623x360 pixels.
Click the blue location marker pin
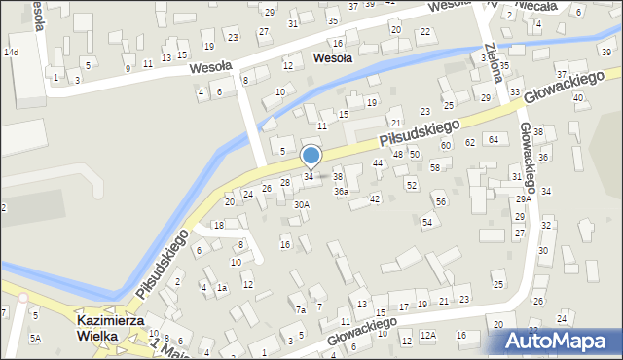coord(311,157)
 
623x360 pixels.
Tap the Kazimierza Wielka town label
coord(110,328)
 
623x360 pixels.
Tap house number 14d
coord(11,51)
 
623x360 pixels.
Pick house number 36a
coord(341,192)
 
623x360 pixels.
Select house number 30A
coord(302,204)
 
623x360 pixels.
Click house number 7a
coord(301,309)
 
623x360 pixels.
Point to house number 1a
coord(222,287)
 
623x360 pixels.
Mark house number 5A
coord(35,338)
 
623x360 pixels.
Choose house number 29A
coord(523,198)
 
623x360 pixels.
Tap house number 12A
coord(428,335)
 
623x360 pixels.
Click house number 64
coord(495,140)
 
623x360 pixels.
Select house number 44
coord(377,162)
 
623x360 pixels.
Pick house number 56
coord(441,201)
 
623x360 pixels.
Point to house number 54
coord(426,223)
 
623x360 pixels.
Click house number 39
coord(606,51)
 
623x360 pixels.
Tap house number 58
coord(435,167)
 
